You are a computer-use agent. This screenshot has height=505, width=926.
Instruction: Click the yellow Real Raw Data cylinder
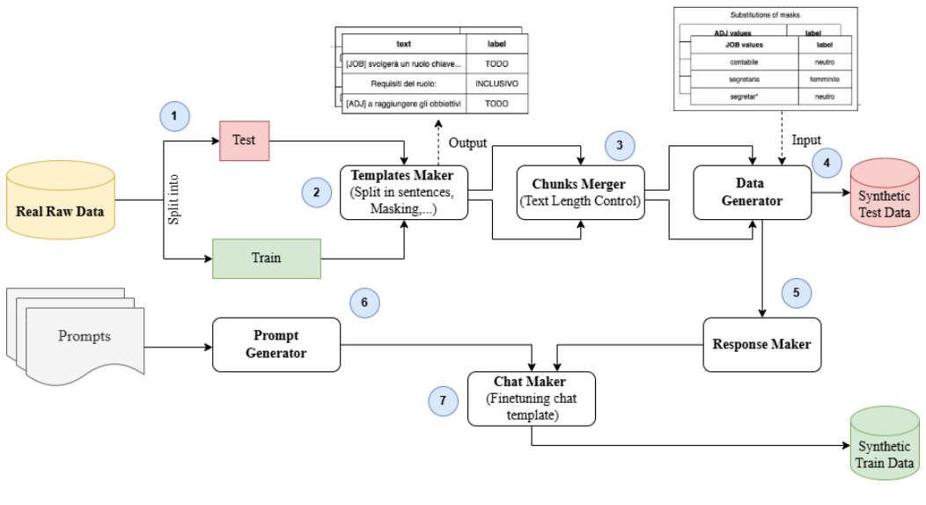(x=60, y=201)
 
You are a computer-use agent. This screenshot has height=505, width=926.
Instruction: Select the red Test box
(x=244, y=141)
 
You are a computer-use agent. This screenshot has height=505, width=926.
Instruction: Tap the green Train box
(x=267, y=258)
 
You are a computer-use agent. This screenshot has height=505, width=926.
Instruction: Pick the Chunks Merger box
(x=581, y=193)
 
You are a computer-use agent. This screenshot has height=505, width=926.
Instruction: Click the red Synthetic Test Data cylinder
(x=884, y=193)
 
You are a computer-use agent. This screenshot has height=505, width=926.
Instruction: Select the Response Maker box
(x=761, y=343)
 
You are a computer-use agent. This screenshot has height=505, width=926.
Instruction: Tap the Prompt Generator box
(x=276, y=344)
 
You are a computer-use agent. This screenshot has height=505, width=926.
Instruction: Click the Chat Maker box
(x=531, y=398)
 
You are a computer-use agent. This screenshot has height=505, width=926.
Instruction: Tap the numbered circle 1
(x=175, y=116)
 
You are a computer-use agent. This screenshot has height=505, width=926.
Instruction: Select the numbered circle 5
(x=795, y=291)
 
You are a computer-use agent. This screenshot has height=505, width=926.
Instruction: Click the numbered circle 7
(x=444, y=400)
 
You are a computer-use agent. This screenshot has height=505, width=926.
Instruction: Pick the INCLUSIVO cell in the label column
(x=496, y=84)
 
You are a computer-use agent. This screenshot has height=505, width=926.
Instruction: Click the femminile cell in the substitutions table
(x=825, y=79)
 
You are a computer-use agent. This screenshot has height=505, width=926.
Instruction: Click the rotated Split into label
(x=174, y=200)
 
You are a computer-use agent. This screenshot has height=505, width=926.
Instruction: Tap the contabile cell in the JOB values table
(x=744, y=62)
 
